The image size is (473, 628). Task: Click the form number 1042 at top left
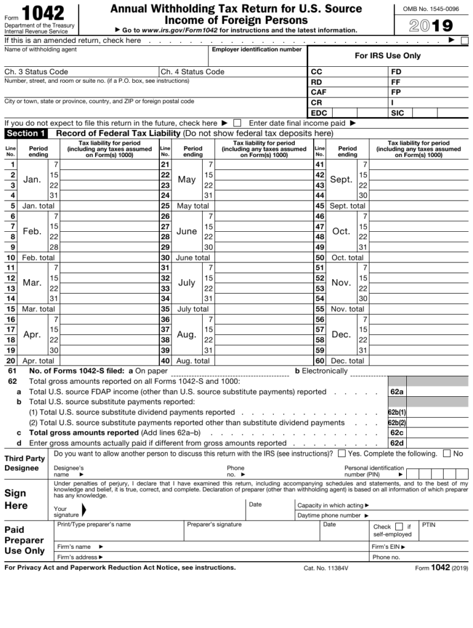point(42,13)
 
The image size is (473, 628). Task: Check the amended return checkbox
point(464,40)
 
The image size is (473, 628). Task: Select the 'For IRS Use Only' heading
point(388,56)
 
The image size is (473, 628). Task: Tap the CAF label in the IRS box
point(319,92)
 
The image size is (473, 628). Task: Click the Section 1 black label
point(26,133)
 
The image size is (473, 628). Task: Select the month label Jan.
point(31,180)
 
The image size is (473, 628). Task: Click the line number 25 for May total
point(165,206)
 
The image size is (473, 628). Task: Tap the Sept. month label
point(341,180)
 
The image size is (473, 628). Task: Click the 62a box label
point(396,391)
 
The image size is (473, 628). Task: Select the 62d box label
point(396,443)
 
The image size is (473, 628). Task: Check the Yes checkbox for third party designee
point(341,454)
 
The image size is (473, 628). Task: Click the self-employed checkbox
point(399,526)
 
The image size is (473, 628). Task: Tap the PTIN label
point(429,525)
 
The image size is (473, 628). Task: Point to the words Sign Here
point(16,499)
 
